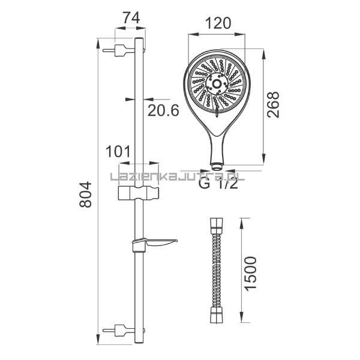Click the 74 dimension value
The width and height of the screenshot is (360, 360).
coord(131,19)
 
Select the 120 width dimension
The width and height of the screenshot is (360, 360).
coord(218,23)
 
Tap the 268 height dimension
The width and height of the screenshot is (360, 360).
coord(274,104)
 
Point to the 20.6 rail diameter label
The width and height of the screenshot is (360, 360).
coord(163,110)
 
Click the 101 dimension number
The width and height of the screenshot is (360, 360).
coord(118,152)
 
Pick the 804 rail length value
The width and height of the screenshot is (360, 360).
coord(85,194)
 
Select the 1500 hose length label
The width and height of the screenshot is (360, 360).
coord(250,274)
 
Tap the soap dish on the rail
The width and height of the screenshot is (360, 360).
coord(155,244)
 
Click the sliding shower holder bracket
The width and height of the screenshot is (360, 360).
coord(139,193)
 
